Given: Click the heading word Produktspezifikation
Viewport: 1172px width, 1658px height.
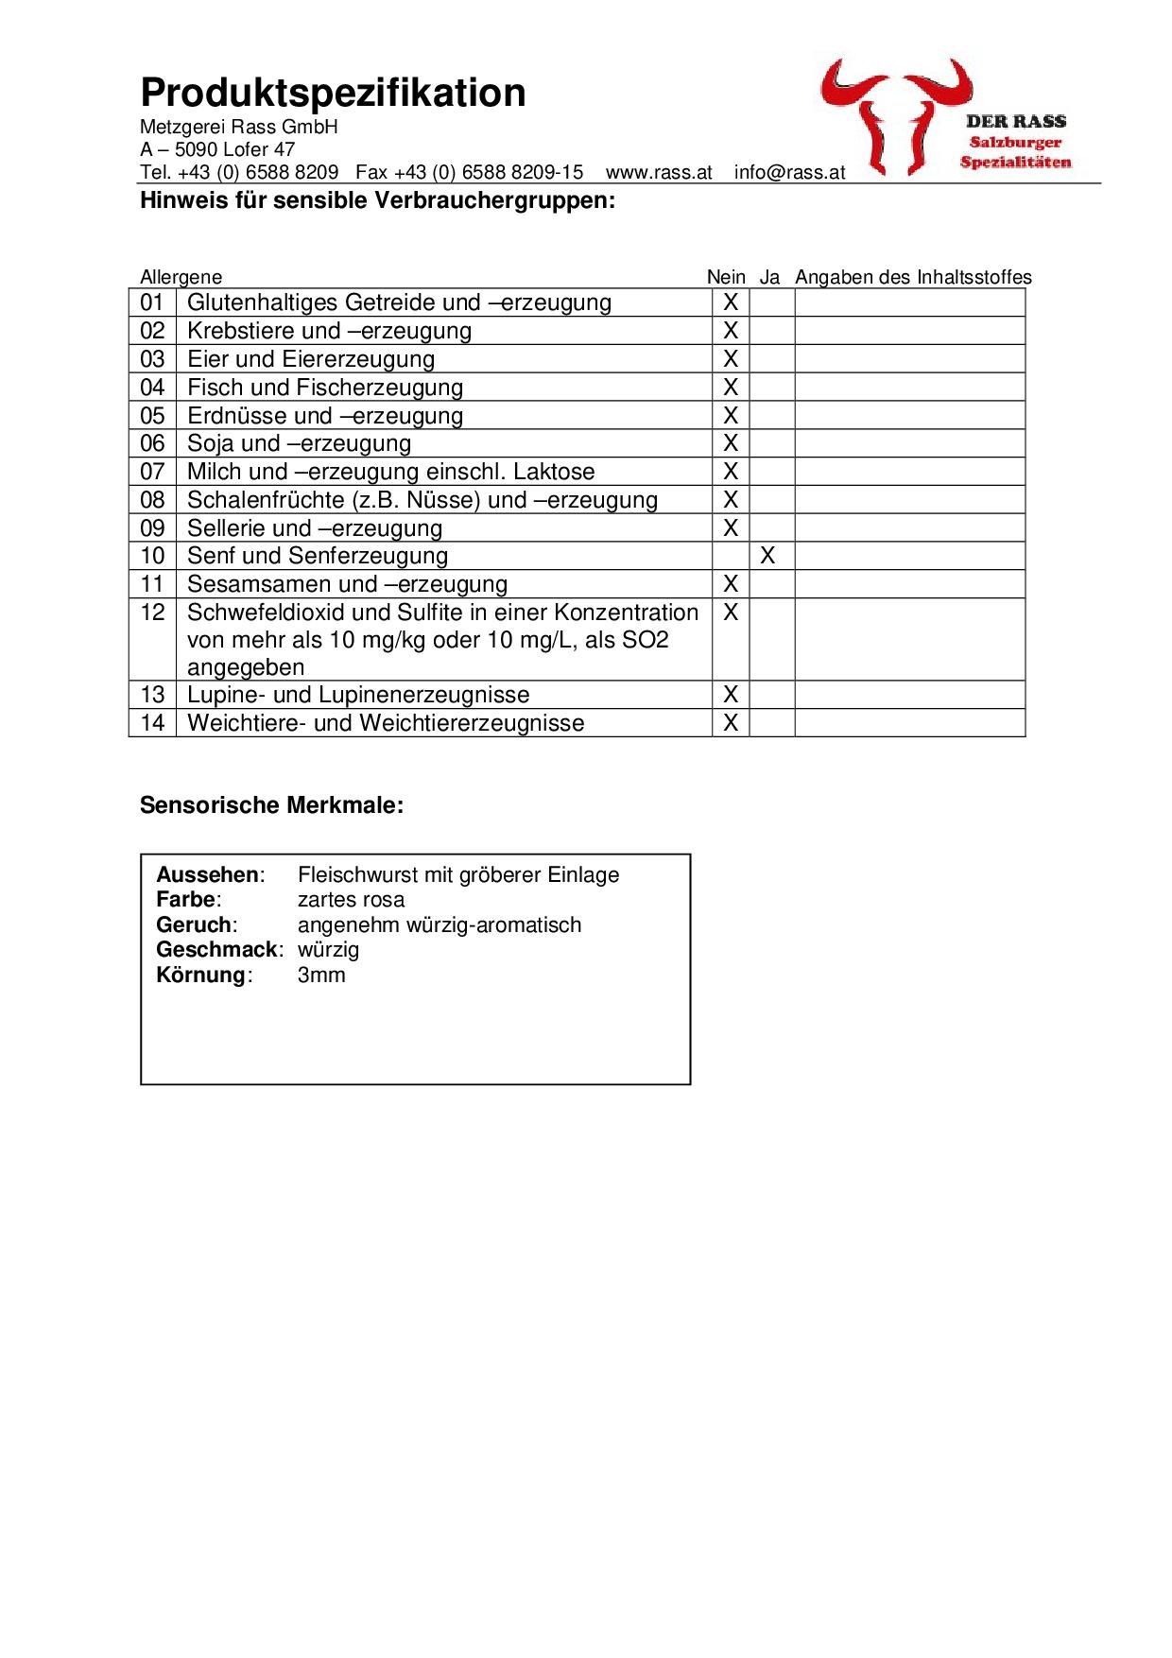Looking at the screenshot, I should (x=333, y=94).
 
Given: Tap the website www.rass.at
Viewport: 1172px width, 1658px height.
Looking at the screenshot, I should (x=659, y=173).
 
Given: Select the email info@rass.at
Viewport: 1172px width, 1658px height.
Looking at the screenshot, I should (x=789, y=173).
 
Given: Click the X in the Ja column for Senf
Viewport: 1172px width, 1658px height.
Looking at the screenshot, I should (x=768, y=556).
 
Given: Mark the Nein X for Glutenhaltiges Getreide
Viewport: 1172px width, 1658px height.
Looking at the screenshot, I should (x=731, y=302).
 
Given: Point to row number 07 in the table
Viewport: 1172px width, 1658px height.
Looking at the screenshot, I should (x=152, y=472).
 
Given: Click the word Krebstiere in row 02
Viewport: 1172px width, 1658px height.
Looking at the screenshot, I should (x=241, y=331).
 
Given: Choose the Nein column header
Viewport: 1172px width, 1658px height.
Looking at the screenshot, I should (x=726, y=277).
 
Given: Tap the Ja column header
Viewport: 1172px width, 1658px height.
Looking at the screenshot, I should (x=769, y=277).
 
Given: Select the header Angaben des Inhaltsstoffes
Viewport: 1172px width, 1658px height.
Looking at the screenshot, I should (x=913, y=277).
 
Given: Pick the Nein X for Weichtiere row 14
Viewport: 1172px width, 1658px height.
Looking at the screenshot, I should (x=731, y=723).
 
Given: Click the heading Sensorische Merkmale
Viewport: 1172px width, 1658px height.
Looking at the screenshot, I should (x=271, y=805).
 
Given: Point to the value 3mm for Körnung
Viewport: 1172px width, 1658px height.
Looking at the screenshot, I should (x=321, y=976).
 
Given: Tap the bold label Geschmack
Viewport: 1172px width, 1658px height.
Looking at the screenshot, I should (x=218, y=950).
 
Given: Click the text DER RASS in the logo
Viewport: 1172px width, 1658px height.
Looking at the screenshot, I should (x=1015, y=122).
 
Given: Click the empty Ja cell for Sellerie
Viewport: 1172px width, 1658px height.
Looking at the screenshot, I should (x=771, y=527).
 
